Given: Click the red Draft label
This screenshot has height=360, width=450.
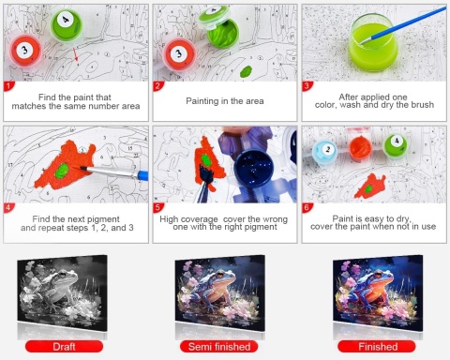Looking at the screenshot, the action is coord(64,347).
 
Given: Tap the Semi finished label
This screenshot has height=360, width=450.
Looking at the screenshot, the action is coord(219,347).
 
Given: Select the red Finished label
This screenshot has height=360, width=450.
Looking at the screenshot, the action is coord(378,347).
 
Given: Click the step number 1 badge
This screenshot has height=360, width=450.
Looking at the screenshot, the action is coord(8,86).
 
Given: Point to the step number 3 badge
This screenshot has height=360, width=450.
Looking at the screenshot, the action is coord(307,86).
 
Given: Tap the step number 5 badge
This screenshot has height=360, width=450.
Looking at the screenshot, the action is coord(157,208).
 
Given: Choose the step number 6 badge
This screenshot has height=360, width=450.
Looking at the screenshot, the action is coord(307,208).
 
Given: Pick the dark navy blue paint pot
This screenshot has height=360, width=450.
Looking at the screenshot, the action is coord(254,166).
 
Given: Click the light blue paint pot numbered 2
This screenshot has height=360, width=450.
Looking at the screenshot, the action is coord(325,152).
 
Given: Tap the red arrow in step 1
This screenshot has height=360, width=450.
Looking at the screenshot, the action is coord(76,54).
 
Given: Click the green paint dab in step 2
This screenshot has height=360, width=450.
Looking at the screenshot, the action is coord(246,71).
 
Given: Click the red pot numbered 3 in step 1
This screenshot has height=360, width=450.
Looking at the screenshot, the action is coord(25,51).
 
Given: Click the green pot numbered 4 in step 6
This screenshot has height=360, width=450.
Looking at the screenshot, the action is coord(396,145).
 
